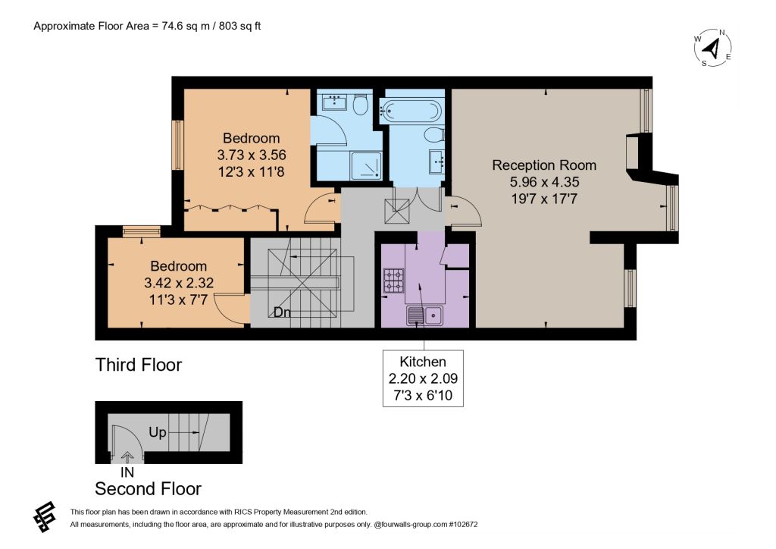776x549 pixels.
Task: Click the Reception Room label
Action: (x=544, y=165)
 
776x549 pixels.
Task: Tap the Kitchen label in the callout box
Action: (x=423, y=362)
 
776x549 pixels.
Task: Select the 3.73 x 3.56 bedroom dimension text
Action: (x=252, y=155)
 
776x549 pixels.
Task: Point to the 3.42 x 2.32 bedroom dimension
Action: (x=179, y=283)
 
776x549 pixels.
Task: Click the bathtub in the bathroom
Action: (x=410, y=111)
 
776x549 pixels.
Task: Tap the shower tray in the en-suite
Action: (x=366, y=165)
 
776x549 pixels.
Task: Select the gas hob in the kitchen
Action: (x=394, y=281)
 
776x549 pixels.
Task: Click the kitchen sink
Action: (x=425, y=315)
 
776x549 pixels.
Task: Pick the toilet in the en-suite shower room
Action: (x=361, y=104)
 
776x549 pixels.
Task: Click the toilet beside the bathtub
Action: (x=434, y=135)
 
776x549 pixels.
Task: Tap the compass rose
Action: (x=712, y=48)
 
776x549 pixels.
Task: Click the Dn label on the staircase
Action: (x=282, y=312)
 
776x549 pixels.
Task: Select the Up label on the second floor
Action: (x=158, y=432)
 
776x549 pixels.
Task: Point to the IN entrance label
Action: (x=127, y=472)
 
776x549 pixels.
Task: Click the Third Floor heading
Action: (x=139, y=365)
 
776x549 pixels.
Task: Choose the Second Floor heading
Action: (x=148, y=488)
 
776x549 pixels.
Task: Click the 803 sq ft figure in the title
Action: (x=239, y=26)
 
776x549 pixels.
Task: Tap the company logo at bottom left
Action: (x=45, y=517)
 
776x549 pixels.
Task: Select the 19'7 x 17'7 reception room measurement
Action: (x=544, y=199)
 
